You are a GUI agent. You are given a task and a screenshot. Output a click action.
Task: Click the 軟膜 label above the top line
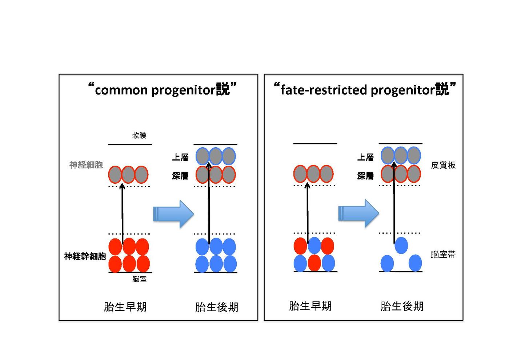coord(139,135)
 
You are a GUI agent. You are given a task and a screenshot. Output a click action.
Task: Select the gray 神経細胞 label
coord(86,165)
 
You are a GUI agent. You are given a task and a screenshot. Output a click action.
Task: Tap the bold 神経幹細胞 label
coord(85,256)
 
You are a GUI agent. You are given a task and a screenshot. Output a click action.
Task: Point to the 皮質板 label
coord(443,165)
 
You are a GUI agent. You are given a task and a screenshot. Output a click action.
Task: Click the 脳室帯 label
coord(443,255)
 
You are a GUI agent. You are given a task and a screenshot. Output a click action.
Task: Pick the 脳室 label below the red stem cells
coord(139,279)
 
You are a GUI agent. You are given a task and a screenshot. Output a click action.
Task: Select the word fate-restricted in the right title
coord(324,90)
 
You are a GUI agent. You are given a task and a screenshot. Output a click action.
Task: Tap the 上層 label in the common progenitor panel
coord(180,157)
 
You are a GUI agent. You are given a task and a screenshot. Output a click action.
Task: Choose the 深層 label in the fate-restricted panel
coord(365,176)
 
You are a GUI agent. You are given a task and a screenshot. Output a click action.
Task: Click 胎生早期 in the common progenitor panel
coord(125,307)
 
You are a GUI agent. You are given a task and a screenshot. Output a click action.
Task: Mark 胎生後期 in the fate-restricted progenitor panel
coord(402,307)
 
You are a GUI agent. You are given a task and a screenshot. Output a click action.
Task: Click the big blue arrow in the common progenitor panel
coord(173,214)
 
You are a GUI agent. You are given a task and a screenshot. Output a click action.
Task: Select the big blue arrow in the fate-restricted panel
coord(358,213)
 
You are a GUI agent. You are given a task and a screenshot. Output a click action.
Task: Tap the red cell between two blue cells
coord(314,263)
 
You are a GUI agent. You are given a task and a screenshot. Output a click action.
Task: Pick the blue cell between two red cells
coord(314,245)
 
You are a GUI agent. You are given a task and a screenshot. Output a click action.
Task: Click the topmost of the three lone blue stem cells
coord(401,245)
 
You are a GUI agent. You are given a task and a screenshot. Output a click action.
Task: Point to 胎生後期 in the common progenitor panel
coord(217,307)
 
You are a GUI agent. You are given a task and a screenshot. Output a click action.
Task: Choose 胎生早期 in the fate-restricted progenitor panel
coord(310,306)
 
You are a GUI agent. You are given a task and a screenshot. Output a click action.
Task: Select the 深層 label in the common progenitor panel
coord(180,176)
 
